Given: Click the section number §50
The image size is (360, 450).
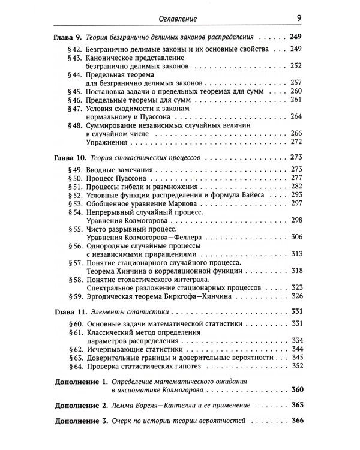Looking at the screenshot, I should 78,179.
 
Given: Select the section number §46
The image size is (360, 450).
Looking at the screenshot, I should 78,98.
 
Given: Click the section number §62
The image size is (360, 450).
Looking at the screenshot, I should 78,349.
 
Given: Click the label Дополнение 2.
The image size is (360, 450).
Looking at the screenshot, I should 81,406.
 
